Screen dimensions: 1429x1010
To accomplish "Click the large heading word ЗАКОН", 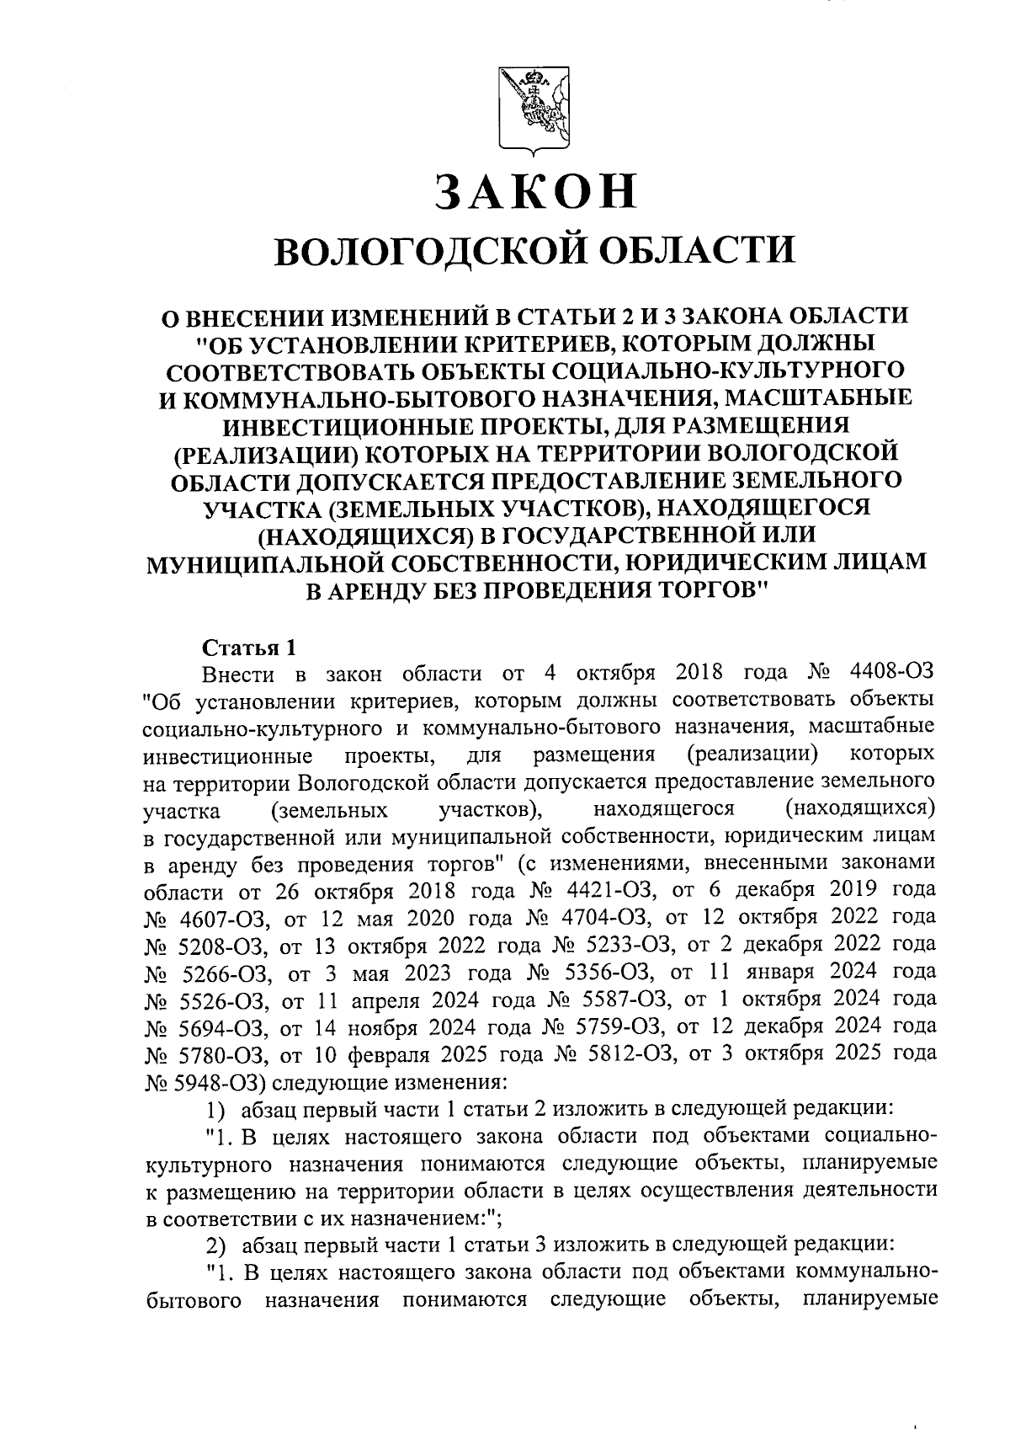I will (535, 191).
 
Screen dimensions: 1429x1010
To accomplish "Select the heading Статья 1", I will (249, 648).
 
